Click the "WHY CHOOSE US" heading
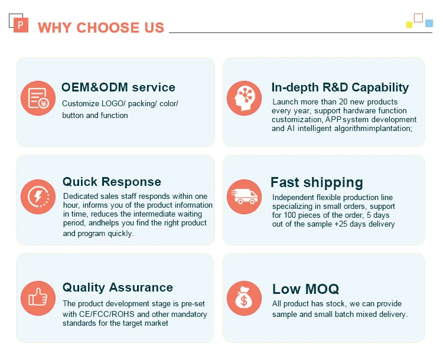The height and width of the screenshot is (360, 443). tap(101, 28)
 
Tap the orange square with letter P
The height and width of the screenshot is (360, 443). tap(21, 25)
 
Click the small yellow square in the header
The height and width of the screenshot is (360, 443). tap(409, 25)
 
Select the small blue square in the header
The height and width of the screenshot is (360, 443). tap(429, 23)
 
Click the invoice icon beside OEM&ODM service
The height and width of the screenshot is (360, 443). tap(38, 98)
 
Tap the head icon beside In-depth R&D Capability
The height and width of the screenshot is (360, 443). tap(244, 98)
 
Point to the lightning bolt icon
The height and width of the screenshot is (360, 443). tap(38, 197)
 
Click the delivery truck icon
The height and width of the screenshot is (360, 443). tap(244, 197)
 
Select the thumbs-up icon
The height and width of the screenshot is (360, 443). tap(38, 298)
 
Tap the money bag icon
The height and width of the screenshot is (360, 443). tap(244, 298)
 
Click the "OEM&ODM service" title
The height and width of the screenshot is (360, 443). tap(118, 87)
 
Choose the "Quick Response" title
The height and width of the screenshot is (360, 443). tap(112, 182)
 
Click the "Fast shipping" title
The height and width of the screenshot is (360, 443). tap(317, 182)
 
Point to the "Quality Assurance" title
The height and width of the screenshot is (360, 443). tap(118, 288)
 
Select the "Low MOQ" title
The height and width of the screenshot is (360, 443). tap(305, 289)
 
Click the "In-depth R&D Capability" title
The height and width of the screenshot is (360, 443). tap(340, 87)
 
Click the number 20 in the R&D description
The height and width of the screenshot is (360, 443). tap(344, 102)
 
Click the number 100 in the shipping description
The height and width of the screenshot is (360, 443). tap(290, 215)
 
